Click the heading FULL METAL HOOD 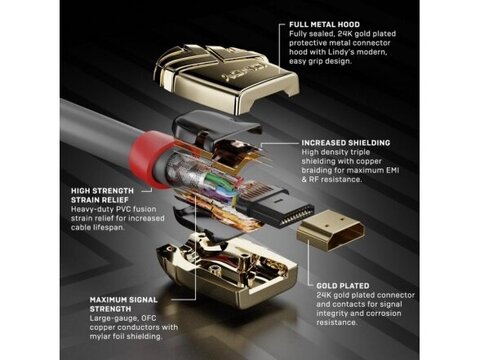324,24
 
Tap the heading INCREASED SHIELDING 346,143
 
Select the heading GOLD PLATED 343,286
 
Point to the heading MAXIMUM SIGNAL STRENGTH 124,304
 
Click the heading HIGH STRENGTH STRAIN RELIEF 102,195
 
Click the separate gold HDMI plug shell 330,230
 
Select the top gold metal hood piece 226,78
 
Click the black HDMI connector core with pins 277,208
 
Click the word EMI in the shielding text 393,170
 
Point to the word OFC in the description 148,318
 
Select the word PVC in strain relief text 123,209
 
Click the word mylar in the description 99,336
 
